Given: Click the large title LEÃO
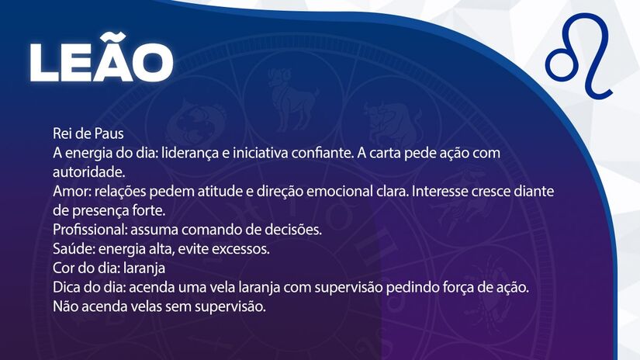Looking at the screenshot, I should click(102, 61).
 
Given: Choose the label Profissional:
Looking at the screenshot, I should click(90, 230).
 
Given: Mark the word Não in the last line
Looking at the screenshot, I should click(66, 306).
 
